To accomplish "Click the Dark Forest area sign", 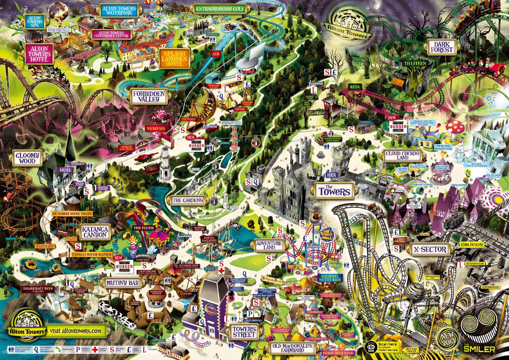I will click(441, 47).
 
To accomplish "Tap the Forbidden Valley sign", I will click(149, 96).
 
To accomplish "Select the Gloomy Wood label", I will click(27, 158).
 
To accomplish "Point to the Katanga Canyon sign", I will click(95, 232).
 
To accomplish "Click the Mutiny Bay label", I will click(122, 283).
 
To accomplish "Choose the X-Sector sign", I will click(430, 250).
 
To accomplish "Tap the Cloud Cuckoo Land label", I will click(402, 155).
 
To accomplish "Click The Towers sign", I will click(334, 191).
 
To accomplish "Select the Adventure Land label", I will click(269, 245).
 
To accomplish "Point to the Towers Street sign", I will click(244, 332).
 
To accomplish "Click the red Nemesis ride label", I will click(156, 128).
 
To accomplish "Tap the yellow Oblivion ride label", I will click(472, 245).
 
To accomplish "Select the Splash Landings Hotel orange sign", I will click(174, 59).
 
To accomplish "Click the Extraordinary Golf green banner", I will click(220, 9).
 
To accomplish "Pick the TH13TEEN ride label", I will click(415, 63).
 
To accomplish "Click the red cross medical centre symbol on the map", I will click(221, 271).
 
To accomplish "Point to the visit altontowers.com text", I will click(75, 331).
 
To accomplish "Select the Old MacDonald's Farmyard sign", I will click(292, 348).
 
